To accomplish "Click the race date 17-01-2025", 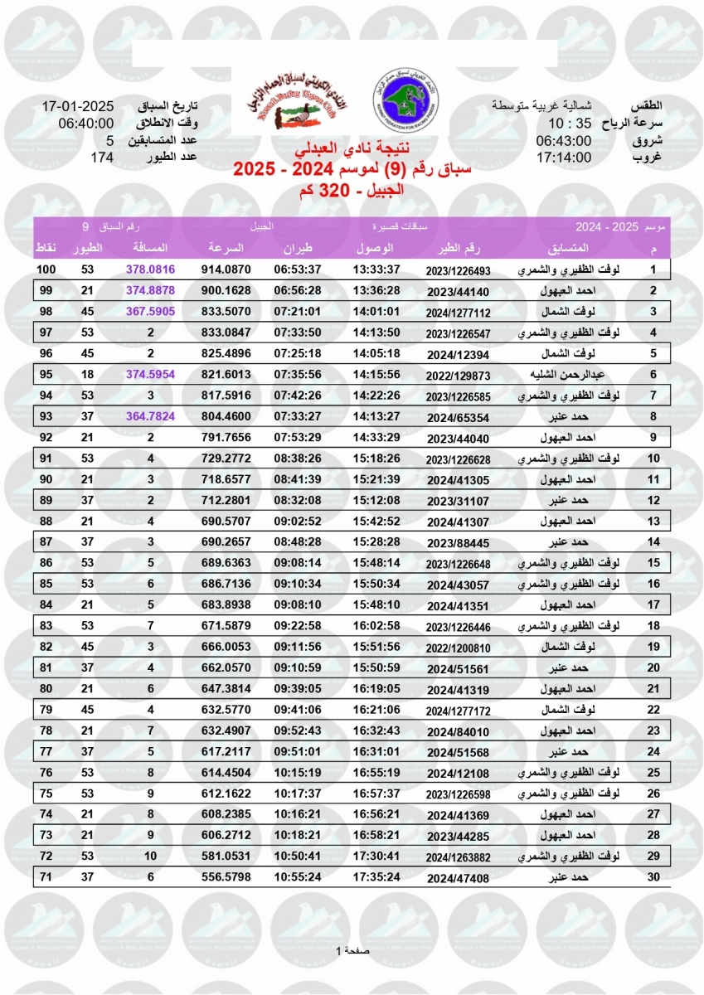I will click(77, 106).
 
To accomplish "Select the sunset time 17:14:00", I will click(564, 158).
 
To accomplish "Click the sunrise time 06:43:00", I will click(564, 141).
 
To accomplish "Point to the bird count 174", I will click(102, 158).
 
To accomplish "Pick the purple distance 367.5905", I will click(151, 312).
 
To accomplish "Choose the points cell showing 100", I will click(46, 270).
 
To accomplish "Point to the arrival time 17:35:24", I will click(376, 877).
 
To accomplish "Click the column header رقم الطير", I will click(458, 249).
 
